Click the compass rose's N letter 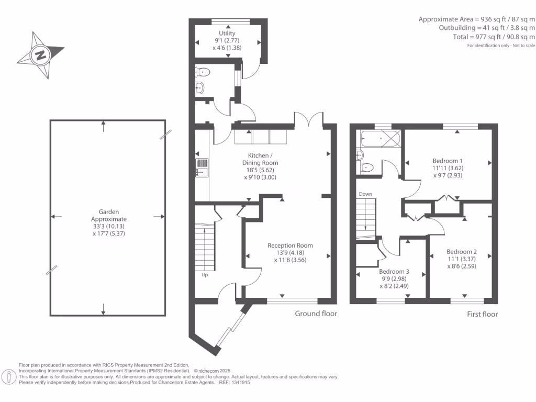tap(41, 54)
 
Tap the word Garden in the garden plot tap(109, 212)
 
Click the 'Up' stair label tap(205, 275)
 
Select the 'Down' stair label tap(365, 194)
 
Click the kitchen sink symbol tap(202, 167)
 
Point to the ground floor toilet tap(203, 72)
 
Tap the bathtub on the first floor tap(381, 138)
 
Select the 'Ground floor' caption tap(316, 314)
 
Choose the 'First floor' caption tap(482, 314)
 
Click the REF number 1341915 tap(241, 383)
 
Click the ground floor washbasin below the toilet tap(200, 88)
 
